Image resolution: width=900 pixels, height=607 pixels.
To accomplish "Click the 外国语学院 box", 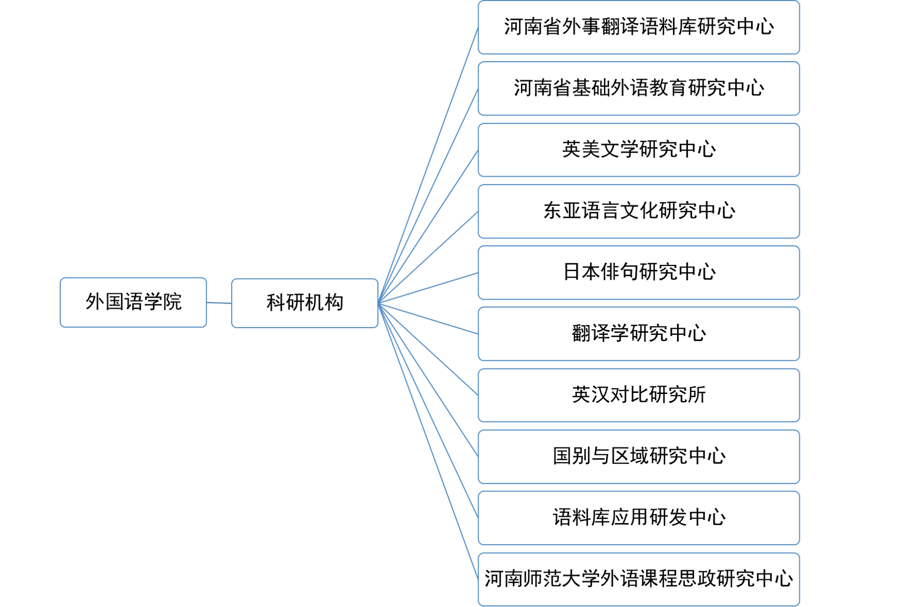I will click(133, 302).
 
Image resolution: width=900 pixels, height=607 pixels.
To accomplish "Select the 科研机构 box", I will click(304, 303).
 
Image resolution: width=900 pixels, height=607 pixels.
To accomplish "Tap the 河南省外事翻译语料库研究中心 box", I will click(638, 27).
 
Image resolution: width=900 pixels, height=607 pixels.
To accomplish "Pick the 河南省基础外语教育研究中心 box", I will click(638, 89).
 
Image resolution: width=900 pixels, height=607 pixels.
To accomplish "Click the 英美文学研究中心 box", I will click(638, 150).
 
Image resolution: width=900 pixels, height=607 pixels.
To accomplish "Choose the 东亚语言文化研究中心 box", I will click(638, 211).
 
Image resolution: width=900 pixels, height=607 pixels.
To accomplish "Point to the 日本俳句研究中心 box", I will click(638, 273).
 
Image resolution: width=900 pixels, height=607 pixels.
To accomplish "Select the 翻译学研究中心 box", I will click(638, 334).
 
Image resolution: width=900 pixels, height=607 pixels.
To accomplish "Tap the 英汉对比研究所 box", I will click(638, 395).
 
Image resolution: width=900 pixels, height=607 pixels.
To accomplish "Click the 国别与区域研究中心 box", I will click(638, 456).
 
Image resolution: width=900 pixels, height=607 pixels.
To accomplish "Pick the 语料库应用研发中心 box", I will click(638, 518).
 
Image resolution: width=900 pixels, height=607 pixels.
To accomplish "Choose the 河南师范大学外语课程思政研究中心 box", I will click(638, 579).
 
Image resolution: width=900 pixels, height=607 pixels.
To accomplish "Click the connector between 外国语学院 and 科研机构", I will click(219, 303).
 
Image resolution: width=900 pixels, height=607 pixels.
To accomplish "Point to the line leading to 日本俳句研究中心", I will click(428, 288).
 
